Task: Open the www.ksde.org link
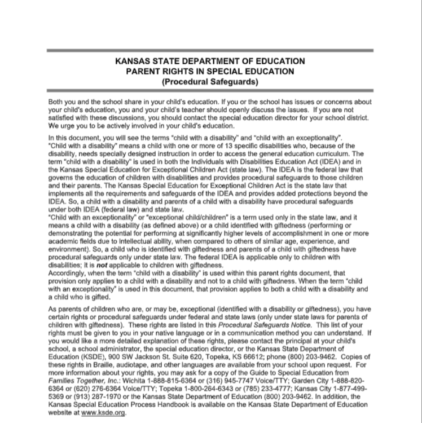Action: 104,412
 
